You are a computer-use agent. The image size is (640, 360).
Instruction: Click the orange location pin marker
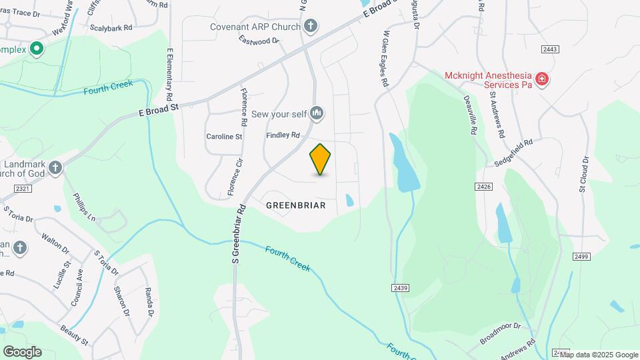click(320, 159)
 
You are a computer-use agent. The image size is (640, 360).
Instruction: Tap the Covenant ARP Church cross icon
click(310, 27)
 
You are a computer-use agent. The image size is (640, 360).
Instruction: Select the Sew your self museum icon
click(317, 114)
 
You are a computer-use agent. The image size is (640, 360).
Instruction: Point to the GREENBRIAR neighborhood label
click(296, 205)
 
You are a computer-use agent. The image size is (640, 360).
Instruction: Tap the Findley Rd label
click(283, 135)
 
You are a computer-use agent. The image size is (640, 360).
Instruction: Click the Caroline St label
click(224, 137)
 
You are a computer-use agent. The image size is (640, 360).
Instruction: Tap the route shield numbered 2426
click(484, 187)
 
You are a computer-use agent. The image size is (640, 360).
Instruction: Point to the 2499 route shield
click(581, 257)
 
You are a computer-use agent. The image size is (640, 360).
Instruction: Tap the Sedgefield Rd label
click(514, 151)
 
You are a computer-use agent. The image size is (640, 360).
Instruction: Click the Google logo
click(22, 351)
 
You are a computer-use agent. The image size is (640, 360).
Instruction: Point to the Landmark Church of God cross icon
click(55, 167)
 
